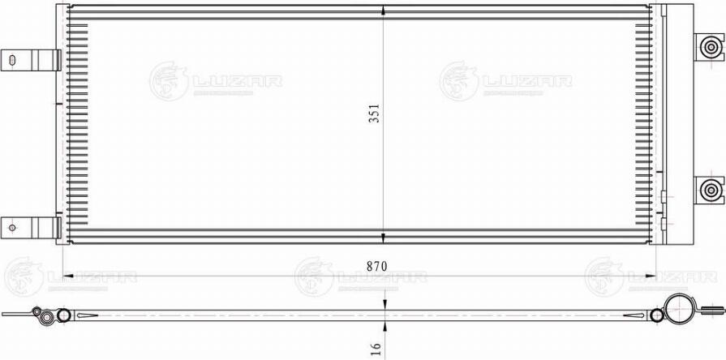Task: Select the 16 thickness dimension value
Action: click(375, 347)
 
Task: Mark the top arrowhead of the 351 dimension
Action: click(383, 11)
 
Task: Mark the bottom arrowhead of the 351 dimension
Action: click(383, 238)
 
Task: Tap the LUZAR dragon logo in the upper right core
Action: click(459, 81)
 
